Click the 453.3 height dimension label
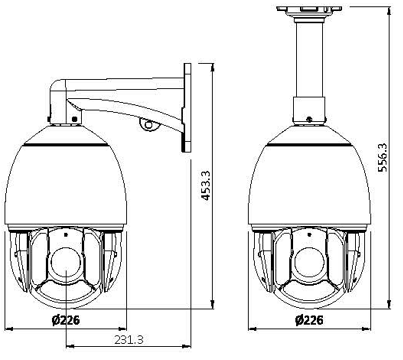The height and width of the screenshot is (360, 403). click(206, 185)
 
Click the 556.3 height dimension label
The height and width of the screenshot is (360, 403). click(382, 157)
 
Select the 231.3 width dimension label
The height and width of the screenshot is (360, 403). click(129, 340)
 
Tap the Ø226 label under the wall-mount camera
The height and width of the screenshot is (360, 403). click(66, 320)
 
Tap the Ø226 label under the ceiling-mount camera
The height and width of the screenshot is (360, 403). click(309, 320)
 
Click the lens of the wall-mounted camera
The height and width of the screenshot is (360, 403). click(66, 264)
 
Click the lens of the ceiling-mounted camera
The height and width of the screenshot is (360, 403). click(309, 264)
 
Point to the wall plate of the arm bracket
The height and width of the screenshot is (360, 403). click(187, 108)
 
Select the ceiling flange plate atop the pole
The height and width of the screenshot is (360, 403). click(309, 9)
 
